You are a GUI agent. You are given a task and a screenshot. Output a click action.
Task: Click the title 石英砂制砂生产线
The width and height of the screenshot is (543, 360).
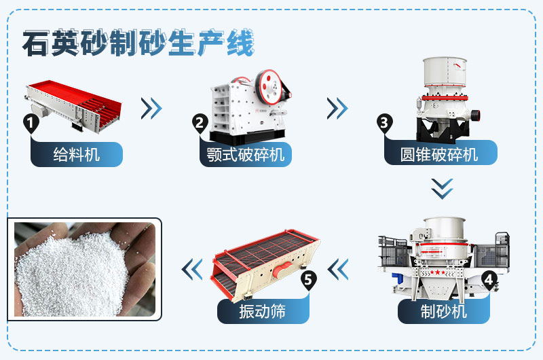pyautogui.click(x=138, y=44)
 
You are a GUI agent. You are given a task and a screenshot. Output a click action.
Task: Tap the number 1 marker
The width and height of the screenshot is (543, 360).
pyautogui.click(x=30, y=123)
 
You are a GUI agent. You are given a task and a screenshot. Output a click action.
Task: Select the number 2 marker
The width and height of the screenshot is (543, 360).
pyautogui.click(x=200, y=123)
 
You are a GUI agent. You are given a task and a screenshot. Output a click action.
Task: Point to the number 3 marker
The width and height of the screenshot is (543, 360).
pyautogui.click(x=384, y=123)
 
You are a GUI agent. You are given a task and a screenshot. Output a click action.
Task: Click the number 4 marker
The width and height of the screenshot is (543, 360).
pyautogui.click(x=488, y=278)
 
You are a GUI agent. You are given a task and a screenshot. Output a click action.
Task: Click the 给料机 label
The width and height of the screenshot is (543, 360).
pyautogui.click(x=77, y=154)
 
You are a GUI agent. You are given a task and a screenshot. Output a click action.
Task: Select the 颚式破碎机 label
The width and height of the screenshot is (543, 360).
pyautogui.click(x=246, y=154)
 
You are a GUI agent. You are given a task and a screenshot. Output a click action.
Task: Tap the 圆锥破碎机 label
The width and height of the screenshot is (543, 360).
pyautogui.click(x=440, y=154)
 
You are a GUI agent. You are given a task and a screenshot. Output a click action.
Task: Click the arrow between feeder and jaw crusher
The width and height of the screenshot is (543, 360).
pyautogui.click(x=151, y=107)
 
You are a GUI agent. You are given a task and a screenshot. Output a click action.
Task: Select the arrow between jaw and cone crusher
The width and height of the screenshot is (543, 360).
pyautogui.click(x=337, y=107)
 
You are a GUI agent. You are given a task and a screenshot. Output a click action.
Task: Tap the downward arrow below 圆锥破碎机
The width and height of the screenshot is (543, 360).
pyautogui.click(x=442, y=188)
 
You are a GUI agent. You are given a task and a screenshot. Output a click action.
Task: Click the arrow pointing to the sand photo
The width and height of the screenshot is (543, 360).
pyautogui.click(x=192, y=269)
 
